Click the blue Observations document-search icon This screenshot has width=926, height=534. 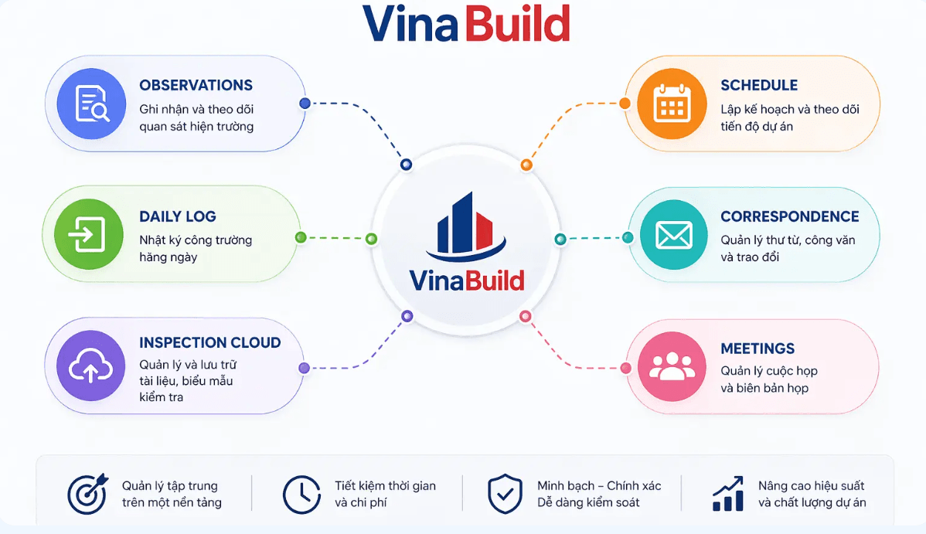point(91,104)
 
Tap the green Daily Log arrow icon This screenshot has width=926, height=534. point(89,234)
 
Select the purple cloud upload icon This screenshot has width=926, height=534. point(91,366)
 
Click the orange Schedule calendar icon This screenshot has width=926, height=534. point(672,104)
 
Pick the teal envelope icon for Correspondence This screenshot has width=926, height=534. point(674,234)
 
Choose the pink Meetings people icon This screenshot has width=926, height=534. point(672,366)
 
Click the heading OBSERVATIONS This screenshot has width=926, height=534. point(196,85)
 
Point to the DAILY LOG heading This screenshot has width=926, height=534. point(178,216)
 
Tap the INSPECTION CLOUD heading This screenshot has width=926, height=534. point(210,342)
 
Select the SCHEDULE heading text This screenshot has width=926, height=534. point(759,85)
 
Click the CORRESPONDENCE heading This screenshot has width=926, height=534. point(790,216)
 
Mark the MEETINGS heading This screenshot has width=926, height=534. point(757,349)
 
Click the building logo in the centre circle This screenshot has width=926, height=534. point(467,227)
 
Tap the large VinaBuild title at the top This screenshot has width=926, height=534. point(466,24)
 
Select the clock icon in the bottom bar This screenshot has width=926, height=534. point(301,495)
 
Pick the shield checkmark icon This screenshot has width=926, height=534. point(505,493)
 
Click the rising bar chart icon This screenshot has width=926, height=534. point(727,493)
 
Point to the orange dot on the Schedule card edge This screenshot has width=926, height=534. point(625,104)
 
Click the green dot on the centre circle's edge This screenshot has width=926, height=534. point(372,239)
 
